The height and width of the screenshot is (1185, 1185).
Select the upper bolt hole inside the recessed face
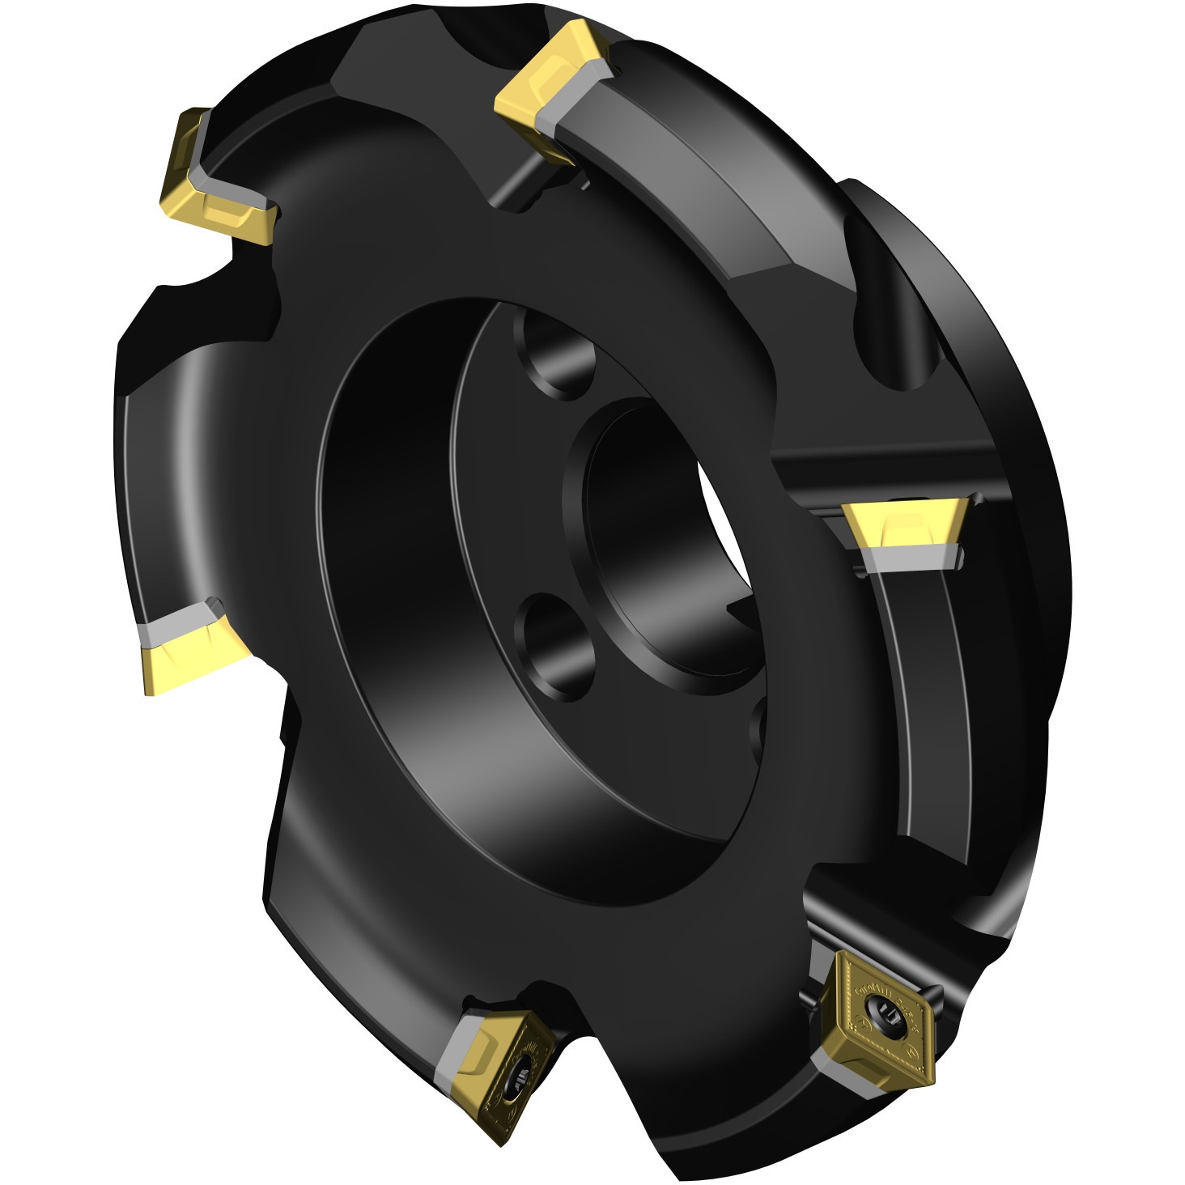pos(559,356)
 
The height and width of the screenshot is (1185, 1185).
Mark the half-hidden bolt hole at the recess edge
pos(758,733)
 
